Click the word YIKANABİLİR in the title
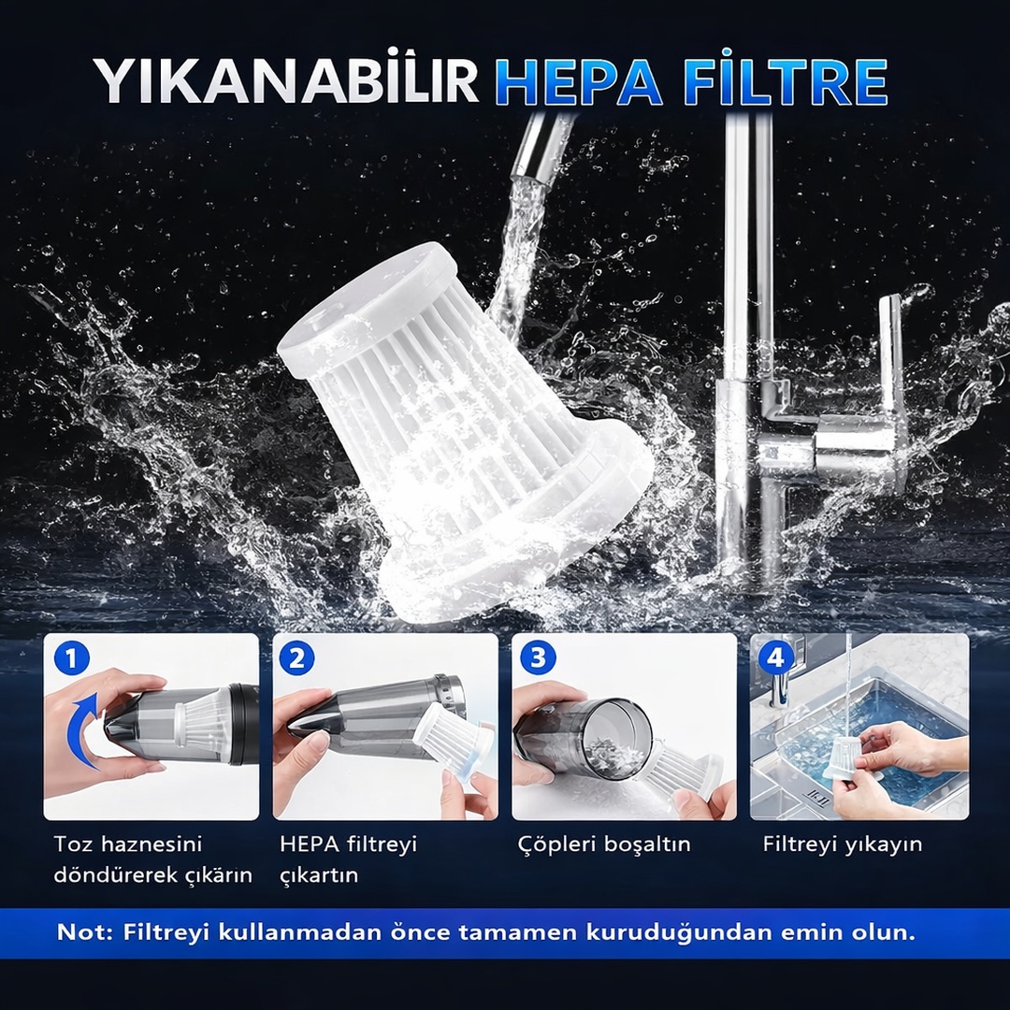[x=285, y=80]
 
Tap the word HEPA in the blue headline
[x=579, y=81]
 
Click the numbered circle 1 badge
[x=71, y=657]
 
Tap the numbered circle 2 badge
[x=297, y=657]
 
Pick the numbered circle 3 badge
[x=537, y=657]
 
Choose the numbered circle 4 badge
[x=775, y=657]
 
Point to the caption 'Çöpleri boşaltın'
[x=603, y=844]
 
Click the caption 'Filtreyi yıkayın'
[x=842, y=844]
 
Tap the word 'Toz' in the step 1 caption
[x=74, y=844]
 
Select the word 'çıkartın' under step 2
[x=318, y=875]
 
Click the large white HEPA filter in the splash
[x=465, y=431]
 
